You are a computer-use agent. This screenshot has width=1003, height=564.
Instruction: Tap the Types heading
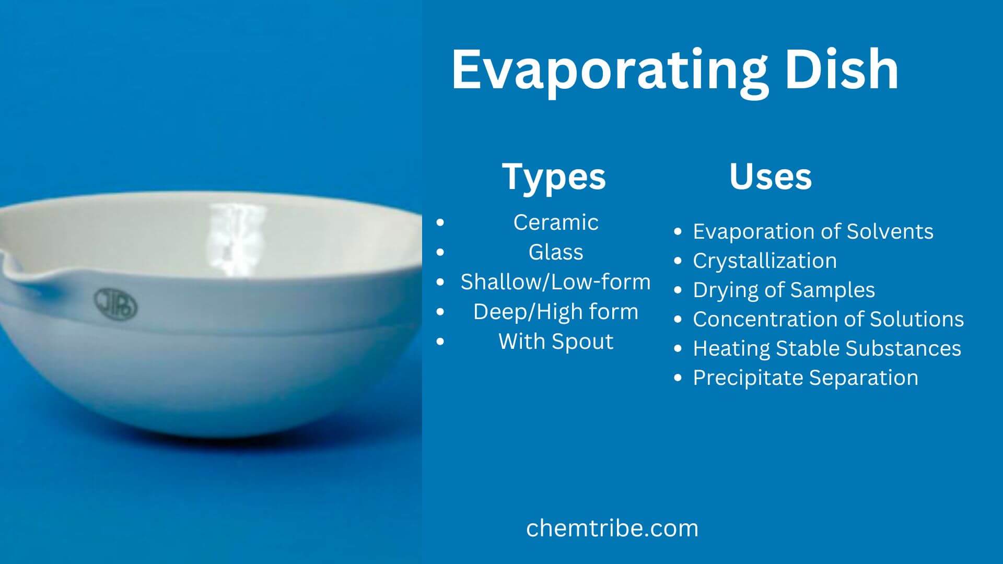(554, 177)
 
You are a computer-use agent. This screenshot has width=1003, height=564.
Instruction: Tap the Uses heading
(770, 177)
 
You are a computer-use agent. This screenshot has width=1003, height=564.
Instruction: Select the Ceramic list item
(555, 222)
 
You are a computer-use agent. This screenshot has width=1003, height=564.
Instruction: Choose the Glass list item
(555, 252)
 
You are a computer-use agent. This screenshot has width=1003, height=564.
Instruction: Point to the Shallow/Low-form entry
(555, 282)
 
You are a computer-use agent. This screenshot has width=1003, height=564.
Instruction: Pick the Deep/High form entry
(555, 312)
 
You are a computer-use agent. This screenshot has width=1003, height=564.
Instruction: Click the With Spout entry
(555, 342)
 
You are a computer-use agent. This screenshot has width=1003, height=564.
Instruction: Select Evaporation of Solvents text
(813, 231)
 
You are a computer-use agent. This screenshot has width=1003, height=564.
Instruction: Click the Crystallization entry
(764, 261)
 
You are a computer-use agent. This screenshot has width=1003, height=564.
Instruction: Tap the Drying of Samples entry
(784, 290)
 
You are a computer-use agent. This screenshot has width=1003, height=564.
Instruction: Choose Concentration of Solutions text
(828, 319)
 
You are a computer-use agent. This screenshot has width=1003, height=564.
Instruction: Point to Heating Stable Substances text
(826, 348)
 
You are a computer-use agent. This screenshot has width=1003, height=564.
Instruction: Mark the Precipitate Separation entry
(805, 378)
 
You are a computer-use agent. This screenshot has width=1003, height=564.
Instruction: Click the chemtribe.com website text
(612, 528)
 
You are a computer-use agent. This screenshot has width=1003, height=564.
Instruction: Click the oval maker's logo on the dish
(115, 304)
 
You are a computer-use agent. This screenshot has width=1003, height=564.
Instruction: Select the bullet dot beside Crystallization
(678, 261)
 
